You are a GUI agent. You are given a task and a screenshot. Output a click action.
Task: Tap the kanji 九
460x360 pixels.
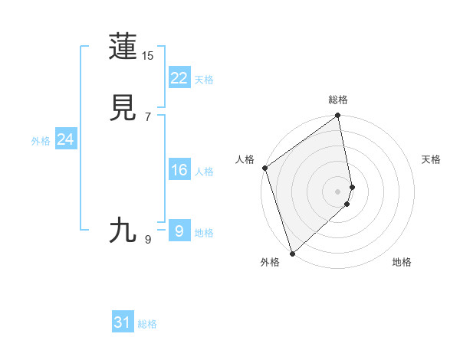(x=123, y=229)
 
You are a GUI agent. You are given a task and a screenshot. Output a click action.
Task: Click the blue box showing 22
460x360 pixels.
(x=179, y=78)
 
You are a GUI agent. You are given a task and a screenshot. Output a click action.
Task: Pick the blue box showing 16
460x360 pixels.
(x=179, y=170)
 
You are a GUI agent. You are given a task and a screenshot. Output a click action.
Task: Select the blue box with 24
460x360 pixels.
(x=65, y=139)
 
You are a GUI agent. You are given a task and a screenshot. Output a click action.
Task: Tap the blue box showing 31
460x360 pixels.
(x=123, y=322)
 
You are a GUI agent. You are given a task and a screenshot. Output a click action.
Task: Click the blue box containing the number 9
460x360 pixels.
(x=179, y=231)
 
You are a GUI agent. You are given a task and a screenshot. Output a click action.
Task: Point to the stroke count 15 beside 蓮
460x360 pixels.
(x=148, y=56)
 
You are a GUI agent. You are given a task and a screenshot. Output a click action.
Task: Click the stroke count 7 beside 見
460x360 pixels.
(x=148, y=117)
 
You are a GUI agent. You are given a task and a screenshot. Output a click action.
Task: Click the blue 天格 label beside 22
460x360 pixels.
(x=204, y=80)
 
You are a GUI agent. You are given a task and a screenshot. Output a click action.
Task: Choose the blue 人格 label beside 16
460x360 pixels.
(x=204, y=172)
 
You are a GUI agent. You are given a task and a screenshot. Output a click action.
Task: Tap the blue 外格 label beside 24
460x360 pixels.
(x=41, y=141)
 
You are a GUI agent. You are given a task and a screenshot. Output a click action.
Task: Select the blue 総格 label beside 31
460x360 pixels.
(x=148, y=324)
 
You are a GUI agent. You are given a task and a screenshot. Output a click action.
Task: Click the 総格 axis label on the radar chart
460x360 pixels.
(x=338, y=100)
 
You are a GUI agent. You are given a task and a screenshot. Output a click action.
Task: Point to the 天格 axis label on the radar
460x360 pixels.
(x=432, y=159)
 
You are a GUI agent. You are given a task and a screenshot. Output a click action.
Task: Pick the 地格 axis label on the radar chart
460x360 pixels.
(x=402, y=263)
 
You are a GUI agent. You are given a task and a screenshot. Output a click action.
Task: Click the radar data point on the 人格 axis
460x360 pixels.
(x=264, y=168)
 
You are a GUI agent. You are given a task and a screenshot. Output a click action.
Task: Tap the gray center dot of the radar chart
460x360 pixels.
(x=338, y=191)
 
